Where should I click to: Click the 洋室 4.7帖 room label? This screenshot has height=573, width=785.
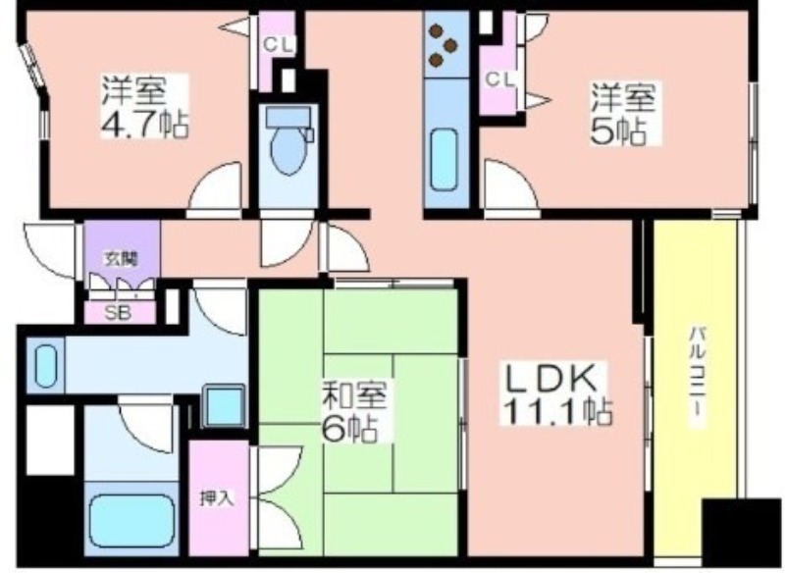144,107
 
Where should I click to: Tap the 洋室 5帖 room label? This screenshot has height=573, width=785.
624,114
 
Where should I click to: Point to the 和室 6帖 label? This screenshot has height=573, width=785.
354,412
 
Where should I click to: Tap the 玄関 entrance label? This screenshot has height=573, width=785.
121,259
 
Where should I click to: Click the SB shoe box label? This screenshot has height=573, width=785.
118,313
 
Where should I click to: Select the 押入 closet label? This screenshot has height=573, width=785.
216,498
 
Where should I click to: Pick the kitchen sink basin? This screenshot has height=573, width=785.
445,160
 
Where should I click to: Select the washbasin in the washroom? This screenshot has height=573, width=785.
45,365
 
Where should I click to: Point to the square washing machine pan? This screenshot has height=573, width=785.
224,406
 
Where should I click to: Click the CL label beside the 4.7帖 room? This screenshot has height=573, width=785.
278,45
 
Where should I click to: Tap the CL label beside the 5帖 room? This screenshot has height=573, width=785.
499,78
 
